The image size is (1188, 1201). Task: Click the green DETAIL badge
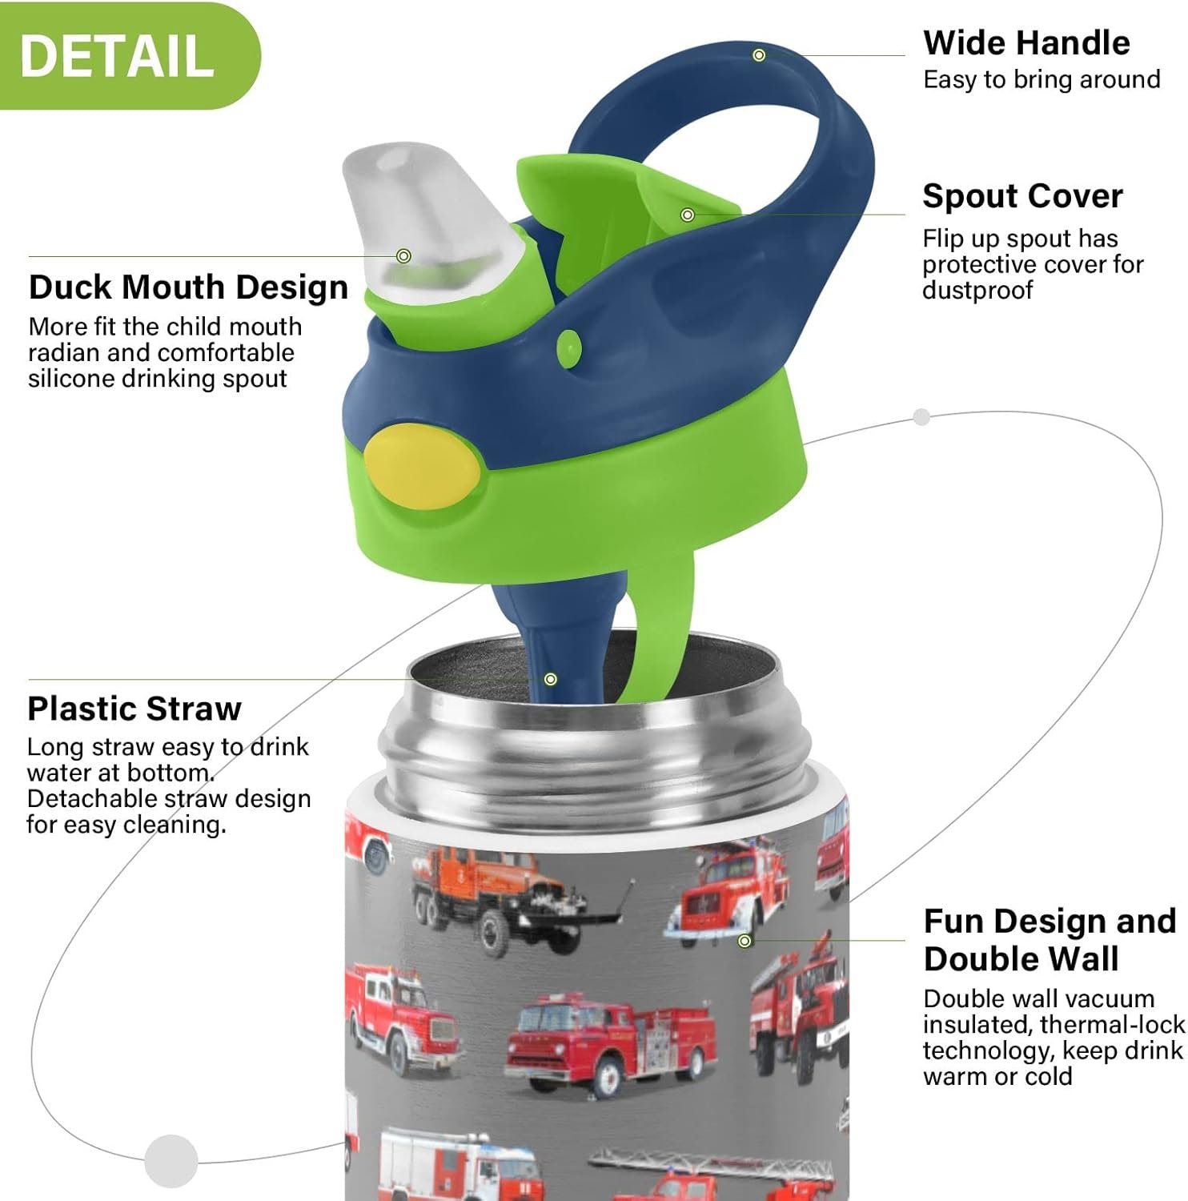(x=128, y=55)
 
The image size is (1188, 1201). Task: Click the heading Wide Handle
(x=1026, y=42)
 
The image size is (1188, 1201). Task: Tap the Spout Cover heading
(x=1022, y=196)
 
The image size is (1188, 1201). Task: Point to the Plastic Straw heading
(x=134, y=709)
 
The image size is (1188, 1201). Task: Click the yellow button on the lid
(x=422, y=466)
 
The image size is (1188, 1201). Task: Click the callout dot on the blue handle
(x=759, y=55)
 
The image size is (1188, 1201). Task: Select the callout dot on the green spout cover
(x=687, y=215)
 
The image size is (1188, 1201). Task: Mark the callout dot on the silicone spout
(x=404, y=256)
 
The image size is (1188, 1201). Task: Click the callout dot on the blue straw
(x=551, y=679)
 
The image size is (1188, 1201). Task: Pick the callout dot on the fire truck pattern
(x=745, y=941)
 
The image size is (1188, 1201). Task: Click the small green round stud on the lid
(x=569, y=348)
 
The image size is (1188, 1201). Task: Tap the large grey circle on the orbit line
(x=171, y=1160)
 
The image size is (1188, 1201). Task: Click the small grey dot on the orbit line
(x=921, y=417)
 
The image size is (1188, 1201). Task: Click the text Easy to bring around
(x=1042, y=79)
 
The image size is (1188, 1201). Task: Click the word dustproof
(x=977, y=290)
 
